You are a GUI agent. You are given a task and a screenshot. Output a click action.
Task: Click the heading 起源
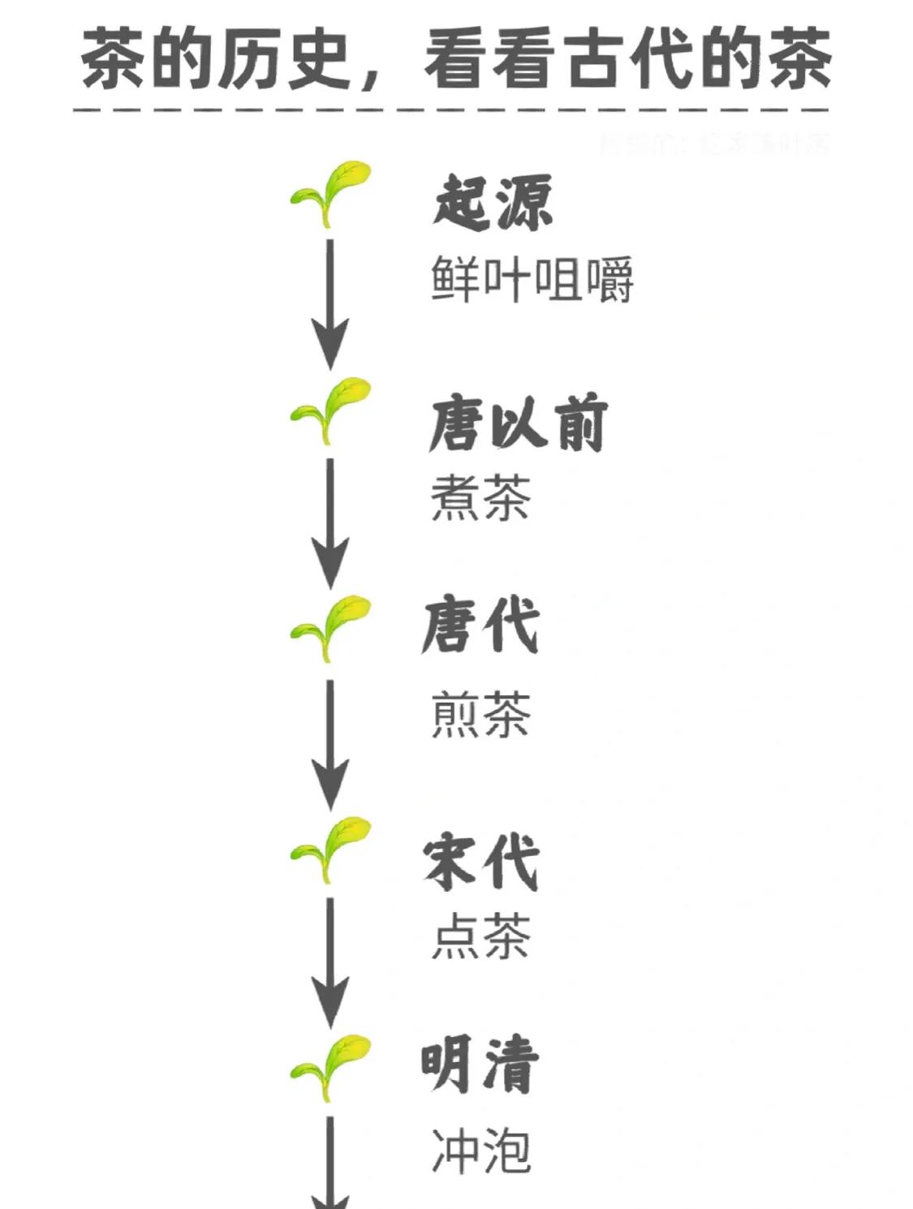click(x=493, y=202)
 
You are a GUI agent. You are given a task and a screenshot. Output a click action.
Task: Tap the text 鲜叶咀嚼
click(x=532, y=280)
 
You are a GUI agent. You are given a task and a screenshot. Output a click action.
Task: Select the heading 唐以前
click(x=518, y=423)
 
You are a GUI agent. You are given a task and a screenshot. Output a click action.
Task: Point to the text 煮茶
click(x=480, y=497)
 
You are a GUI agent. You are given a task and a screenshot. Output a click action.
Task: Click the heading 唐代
click(x=480, y=626)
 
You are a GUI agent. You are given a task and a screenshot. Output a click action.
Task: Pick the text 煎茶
click(x=480, y=715)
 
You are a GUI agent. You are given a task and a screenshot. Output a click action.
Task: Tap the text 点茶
click(x=480, y=936)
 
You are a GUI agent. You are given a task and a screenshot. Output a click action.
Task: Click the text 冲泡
click(x=480, y=1151)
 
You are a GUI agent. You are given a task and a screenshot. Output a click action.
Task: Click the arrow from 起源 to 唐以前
click(x=330, y=304)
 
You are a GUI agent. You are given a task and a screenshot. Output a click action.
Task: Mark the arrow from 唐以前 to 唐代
click(x=330, y=523)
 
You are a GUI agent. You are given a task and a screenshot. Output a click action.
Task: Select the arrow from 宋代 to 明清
click(x=330, y=962)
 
